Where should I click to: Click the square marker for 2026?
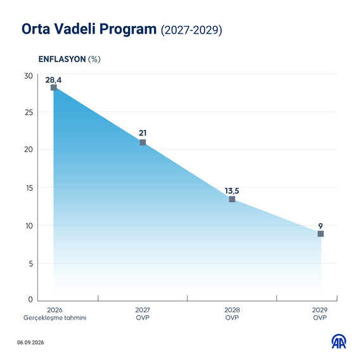pyautogui.click(x=53, y=87)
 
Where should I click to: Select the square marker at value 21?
pyautogui.click(x=143, y=143)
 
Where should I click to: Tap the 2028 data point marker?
pyautogui.click(x=232, y=199)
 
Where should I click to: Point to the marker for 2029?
pyautogui.click(x=321, y=234)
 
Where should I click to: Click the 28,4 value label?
pyautogui.click(x=53, y=80)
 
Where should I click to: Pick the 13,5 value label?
pyautogui.click(x=232, y=191)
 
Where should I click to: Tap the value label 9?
pyautogui.click(x=321, y=226)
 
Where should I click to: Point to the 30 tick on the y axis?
pyautogui.click(x=29, y=76)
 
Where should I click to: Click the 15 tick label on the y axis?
pyautogui.click(x=29, y=188)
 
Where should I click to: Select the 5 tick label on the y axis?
pyautogui.click(x=31, y=264)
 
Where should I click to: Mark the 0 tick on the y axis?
pyautogui.click(x=30, y=299)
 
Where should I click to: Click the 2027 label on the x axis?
pyautogui.click(x=143, y=310)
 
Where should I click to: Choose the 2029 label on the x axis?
pyautogui.click(x=320, y=310)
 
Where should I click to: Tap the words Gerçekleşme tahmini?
pyautogui.click(x=55, y=318)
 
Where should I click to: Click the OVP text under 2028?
pyautogui.click(x=232, y=318)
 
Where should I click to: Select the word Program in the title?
pyautogui.click(x=128, y=30)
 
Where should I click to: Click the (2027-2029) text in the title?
pyautogui.click(x=191, y=30)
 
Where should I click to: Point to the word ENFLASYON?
pyautogui.click(x=62, y=59)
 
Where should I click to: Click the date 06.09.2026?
pyautogui.click(x=30, y=342)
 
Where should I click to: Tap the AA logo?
pyautogui.click(x=339, y=341)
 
